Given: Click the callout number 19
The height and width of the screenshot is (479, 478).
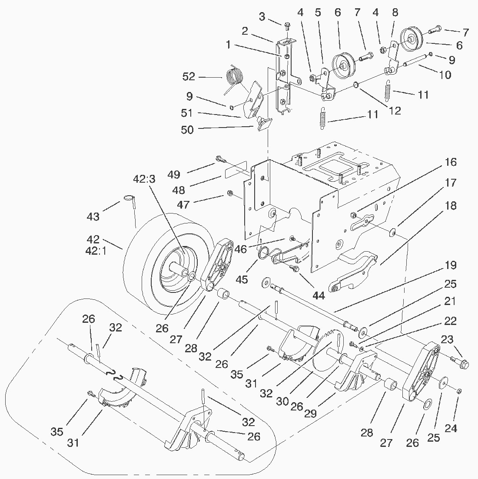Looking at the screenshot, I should pyautogui.click(x=451, y=266).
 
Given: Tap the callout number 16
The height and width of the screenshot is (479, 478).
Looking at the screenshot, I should pyautogui.click(x=451, y=162).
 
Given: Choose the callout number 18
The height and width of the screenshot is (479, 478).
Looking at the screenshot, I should pyautogui.click(x=451, y=206).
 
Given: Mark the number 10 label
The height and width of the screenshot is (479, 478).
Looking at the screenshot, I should pyautogui.click(x=445, y=75).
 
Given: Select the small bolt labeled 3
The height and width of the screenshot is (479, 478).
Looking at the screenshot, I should pyautogui.click(x=287, y=26).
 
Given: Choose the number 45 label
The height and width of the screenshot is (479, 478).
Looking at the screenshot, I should pyautogui.click(x=241, y=279).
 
